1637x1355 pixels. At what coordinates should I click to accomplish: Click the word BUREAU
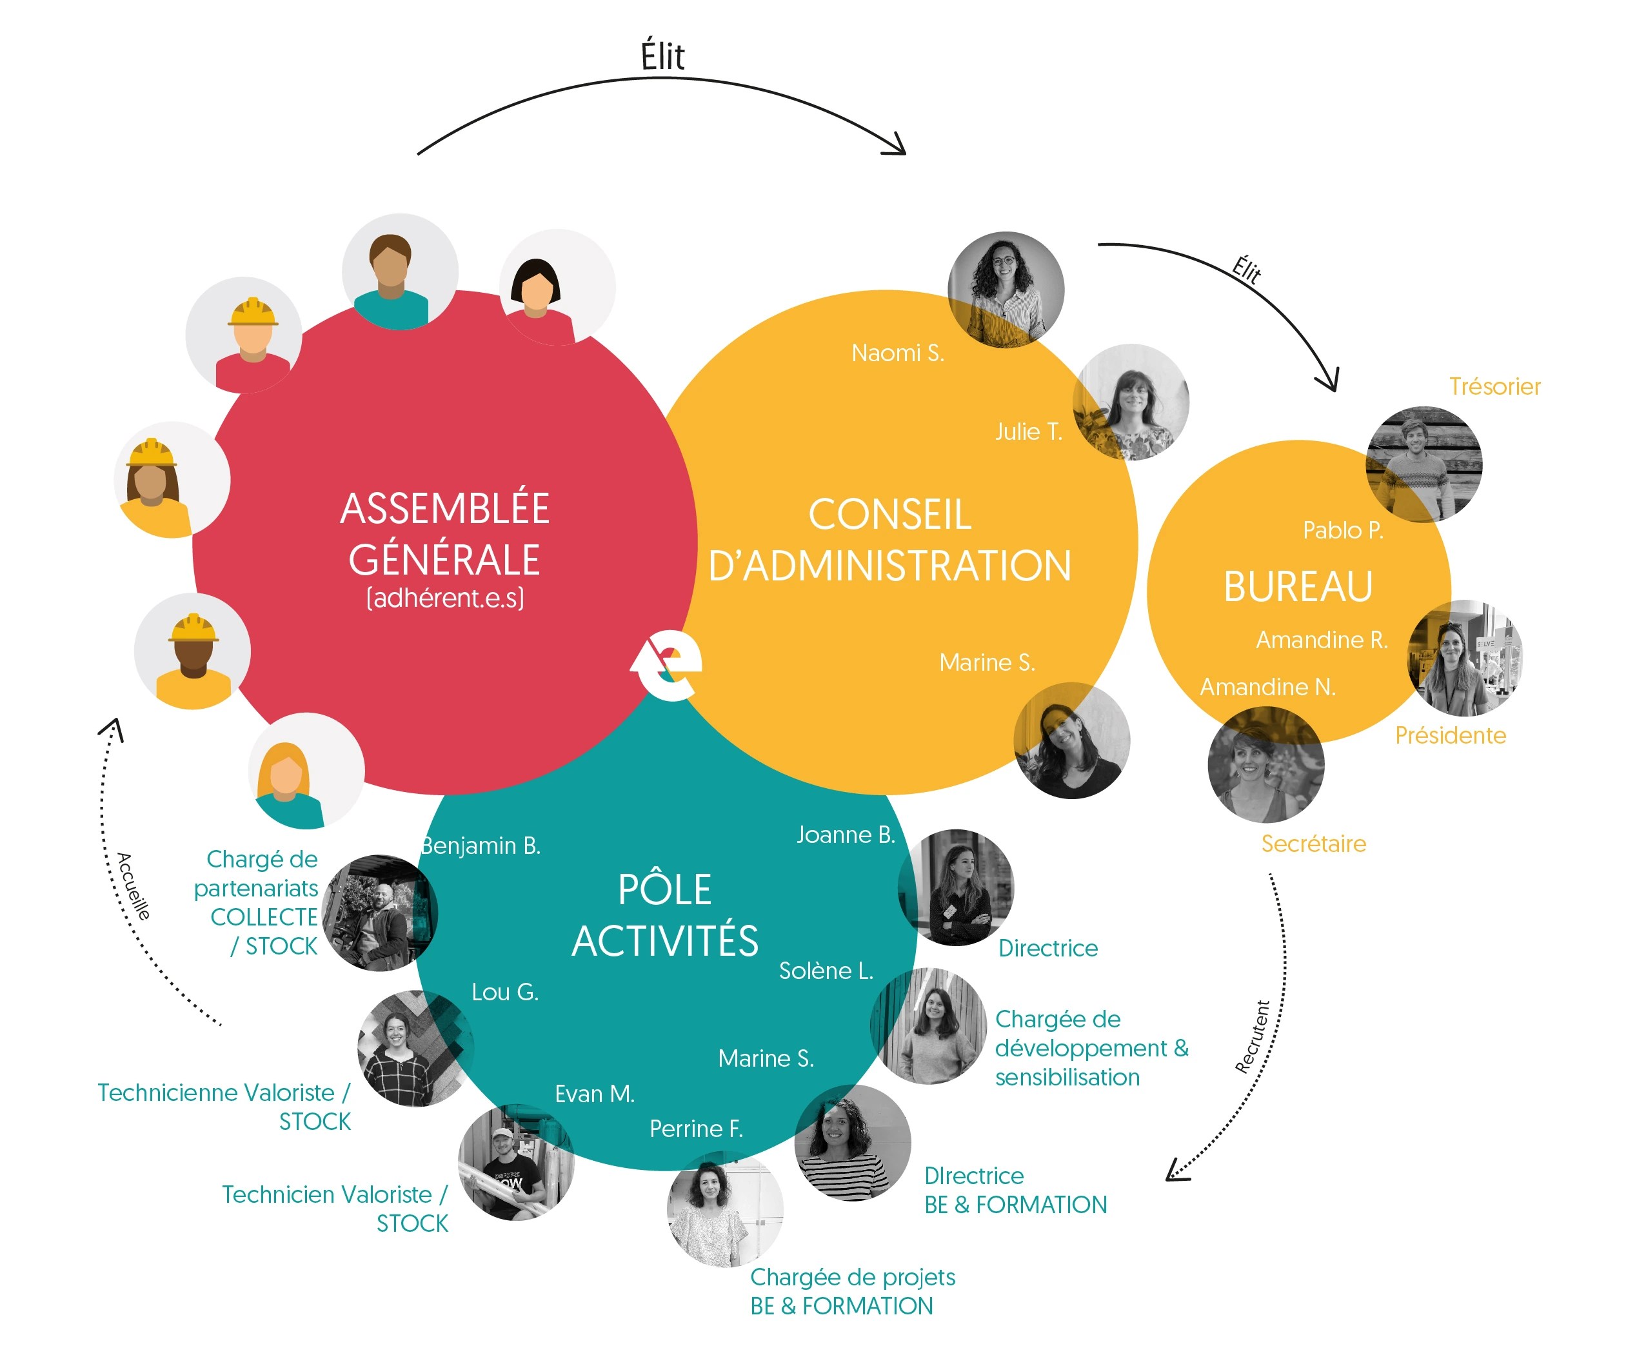pos(1297,586)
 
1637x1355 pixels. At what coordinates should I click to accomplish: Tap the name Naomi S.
pos(897,353)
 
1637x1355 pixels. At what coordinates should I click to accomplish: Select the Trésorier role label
pos(1494,387)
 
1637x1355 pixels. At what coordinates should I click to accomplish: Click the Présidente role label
pos(1450,735)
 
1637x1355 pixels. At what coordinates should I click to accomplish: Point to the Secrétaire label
pos(1313,844)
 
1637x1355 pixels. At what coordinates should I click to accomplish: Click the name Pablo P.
pos(1342,530)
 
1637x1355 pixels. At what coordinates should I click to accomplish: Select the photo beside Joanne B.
pos(956,887)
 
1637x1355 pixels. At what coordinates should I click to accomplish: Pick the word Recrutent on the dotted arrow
pos(1253,1037)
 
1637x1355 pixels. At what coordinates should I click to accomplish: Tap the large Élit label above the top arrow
pos(662,57)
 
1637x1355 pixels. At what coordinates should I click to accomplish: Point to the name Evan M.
pos(594,1094)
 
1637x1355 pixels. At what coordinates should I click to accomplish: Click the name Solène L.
pos(826,971)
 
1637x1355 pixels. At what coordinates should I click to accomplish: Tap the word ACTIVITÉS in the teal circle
pos(665,940)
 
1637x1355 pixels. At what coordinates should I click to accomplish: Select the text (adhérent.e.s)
pos(445,598)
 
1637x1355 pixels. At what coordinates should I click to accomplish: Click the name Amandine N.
pos(1267,687)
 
